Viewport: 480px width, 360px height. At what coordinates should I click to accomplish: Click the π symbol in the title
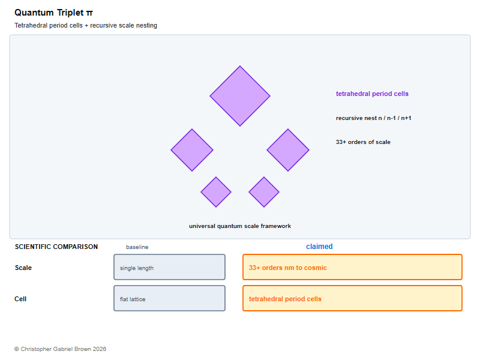[x=89, y=13]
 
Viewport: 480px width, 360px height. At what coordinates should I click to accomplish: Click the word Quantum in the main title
[x=34, y=13]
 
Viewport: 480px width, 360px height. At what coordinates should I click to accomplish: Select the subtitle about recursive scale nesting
[x=86, y=25]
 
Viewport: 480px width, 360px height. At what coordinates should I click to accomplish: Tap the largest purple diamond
[x=240, y=96]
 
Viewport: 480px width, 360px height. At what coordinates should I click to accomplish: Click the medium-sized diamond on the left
[x=192, y=150]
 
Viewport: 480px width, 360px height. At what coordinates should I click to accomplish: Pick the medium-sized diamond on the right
[x=288, y=150]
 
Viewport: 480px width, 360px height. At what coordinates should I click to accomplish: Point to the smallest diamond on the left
[x=216, y=192]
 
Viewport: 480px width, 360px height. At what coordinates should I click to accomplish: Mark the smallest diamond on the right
[x=264, y=192]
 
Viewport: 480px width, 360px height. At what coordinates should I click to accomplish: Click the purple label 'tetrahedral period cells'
[x=372, y=94]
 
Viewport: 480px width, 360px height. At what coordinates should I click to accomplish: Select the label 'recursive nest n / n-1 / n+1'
[x=373, y=118]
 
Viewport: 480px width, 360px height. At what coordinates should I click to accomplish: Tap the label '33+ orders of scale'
[x=363, y=142]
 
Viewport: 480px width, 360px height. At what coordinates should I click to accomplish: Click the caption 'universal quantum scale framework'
[x=240, y=226]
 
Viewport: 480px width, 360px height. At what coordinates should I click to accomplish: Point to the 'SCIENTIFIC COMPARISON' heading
[x=56, y=247]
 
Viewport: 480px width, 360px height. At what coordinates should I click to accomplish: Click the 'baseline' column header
[x=137, y=247]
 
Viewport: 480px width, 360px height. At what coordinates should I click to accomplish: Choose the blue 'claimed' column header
[x=319, y=247]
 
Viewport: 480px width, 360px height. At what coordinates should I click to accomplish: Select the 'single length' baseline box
[x=170, y=267]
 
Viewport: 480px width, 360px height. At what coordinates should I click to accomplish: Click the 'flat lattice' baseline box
[x=170, y=298]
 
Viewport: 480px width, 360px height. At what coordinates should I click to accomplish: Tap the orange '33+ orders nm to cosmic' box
[x=352, y=267]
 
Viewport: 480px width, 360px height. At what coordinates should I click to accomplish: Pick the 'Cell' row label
[x=20, y=299]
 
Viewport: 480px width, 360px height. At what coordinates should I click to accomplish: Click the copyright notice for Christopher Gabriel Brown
[x=61, y=349]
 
